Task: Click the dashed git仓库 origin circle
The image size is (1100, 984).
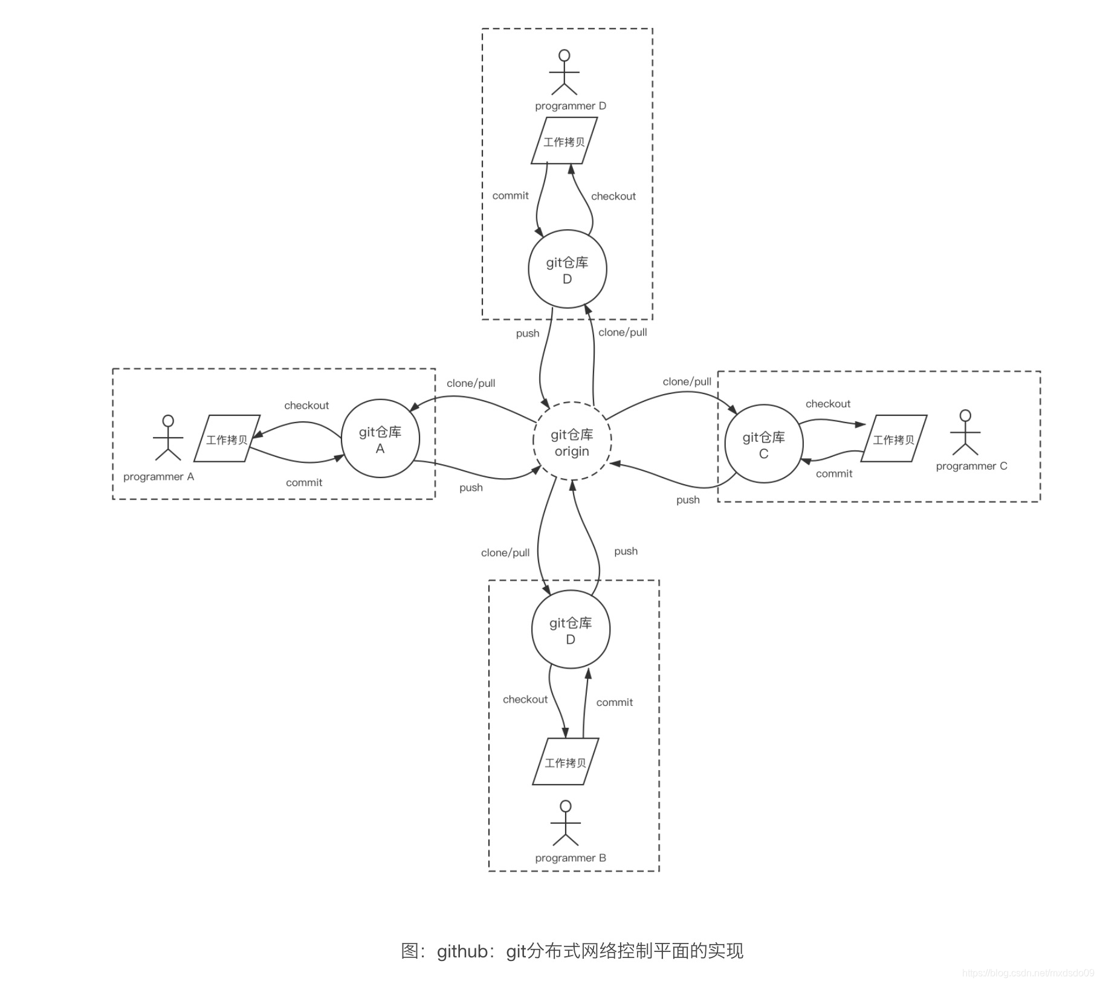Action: (572, 441)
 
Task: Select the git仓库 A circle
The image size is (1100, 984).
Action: (380, 438)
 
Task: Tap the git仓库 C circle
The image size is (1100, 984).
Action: (763, 444)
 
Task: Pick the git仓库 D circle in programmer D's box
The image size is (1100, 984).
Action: (567, 269)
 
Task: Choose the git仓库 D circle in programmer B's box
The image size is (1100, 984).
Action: (571, 629)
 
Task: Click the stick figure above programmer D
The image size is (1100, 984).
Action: (565, 73)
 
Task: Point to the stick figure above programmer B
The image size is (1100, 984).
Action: (566, 823)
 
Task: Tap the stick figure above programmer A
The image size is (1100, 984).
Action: (168, 438)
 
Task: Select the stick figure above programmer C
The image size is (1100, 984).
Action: (965, 432)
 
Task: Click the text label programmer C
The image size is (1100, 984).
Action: (971, 466)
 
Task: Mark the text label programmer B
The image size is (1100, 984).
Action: (570, 858)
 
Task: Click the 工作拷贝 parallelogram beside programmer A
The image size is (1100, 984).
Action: (227, 439)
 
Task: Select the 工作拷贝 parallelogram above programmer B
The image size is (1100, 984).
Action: (565, 762)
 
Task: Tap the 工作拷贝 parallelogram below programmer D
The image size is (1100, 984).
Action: (564, 141)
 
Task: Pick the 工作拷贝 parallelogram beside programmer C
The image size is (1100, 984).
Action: (893, 439)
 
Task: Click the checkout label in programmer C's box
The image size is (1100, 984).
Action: (827, 404)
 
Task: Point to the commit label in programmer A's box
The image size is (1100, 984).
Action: (304, 482)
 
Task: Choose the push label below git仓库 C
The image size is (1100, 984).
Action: (688, 500)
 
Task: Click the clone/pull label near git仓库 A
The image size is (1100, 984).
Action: (471, 383)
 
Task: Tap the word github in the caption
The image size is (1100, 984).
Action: (462, 951)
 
